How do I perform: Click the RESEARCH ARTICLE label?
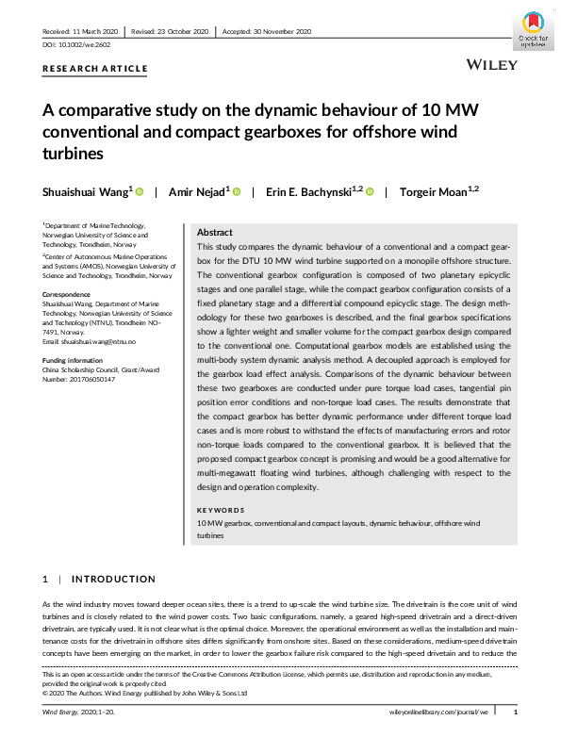click(95, 69)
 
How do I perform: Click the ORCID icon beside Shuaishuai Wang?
click(140, 191)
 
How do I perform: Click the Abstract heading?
click(216, 232)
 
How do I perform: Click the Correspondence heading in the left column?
click(68, 294)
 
